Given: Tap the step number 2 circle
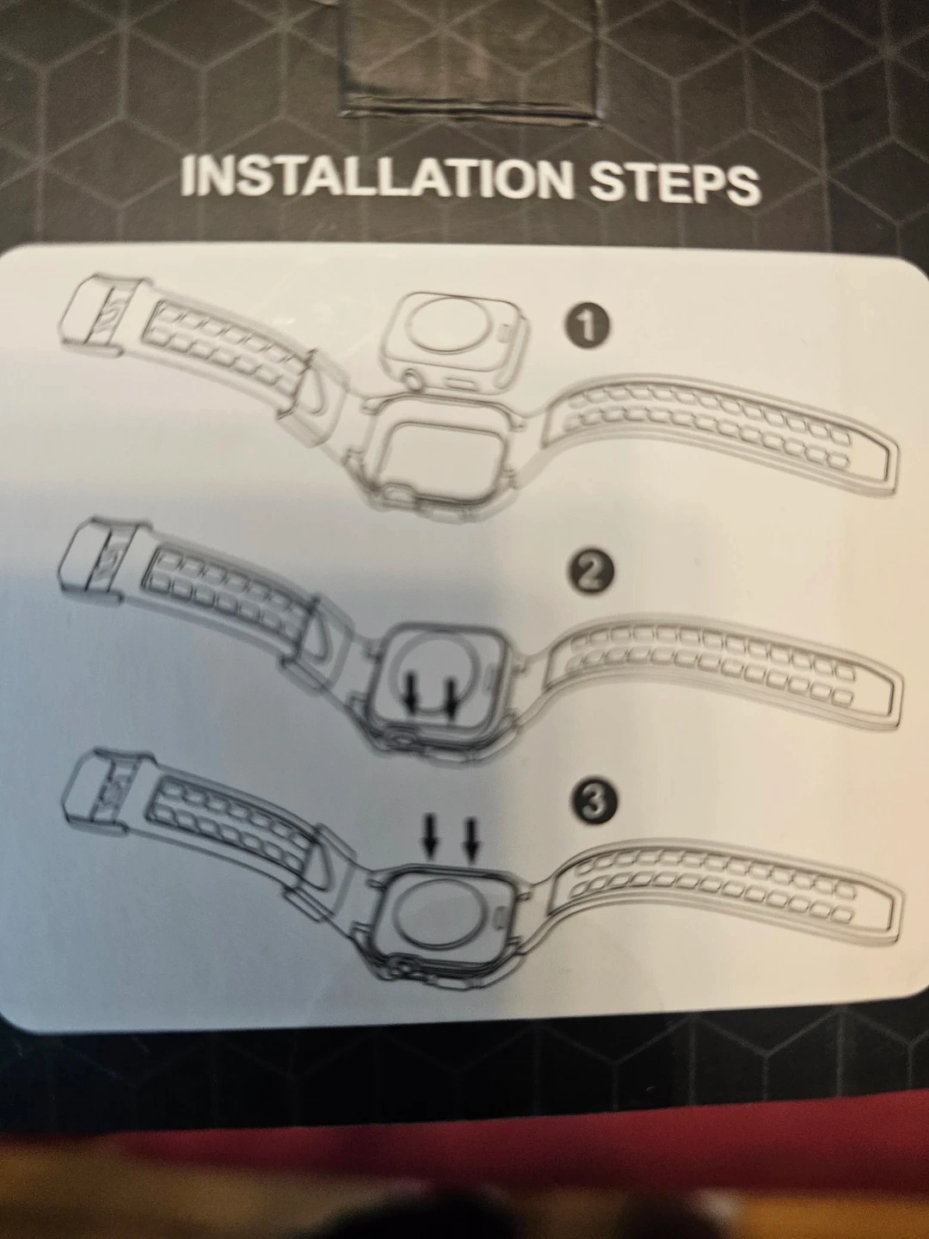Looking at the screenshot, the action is coord(590,572).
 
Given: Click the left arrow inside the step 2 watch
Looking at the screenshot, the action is coord(414,695).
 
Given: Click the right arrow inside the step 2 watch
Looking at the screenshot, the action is coord(452,695).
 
